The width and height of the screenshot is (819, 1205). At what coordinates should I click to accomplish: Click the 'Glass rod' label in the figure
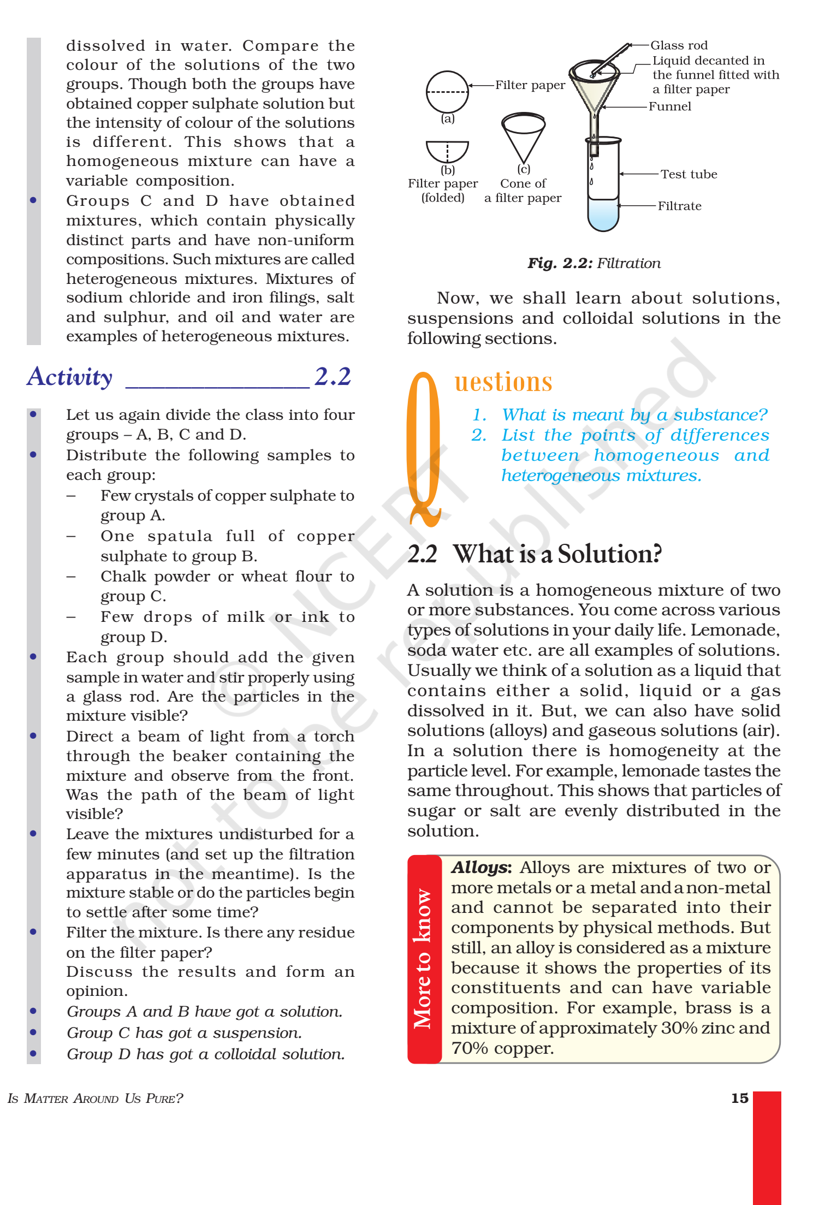(679, 45)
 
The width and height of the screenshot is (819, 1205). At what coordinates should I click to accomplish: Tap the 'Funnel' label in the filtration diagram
(669, 106)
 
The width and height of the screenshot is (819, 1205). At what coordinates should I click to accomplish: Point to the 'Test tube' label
(689, 174)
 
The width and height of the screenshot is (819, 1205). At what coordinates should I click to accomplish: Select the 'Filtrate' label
(679, 206)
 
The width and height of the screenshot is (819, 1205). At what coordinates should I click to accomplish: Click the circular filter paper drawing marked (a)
(447, 92)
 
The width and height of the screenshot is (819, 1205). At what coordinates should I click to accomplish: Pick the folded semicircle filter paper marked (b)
(447, 151)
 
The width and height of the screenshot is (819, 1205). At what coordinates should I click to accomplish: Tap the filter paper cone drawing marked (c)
(523, 136)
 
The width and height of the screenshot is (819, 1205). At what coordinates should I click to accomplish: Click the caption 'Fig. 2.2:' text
(560, 263)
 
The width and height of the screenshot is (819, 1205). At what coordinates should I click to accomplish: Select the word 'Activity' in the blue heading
(70, 377)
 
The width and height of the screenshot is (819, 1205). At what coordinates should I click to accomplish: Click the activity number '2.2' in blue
(333, 376)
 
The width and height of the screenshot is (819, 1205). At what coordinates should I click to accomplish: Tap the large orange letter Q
(424, 448)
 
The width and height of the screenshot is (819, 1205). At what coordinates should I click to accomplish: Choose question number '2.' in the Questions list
(479, 435)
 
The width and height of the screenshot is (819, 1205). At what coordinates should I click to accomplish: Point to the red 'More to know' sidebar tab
(424, 959)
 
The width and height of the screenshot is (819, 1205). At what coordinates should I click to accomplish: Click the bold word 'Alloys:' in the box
(481, 868)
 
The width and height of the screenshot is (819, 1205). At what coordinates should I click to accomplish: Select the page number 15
(739, 1098)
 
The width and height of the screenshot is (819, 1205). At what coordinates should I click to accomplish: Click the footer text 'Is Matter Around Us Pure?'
(96, 1098)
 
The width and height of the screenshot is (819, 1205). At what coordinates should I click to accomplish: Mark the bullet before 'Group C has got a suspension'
(33, 1032)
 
